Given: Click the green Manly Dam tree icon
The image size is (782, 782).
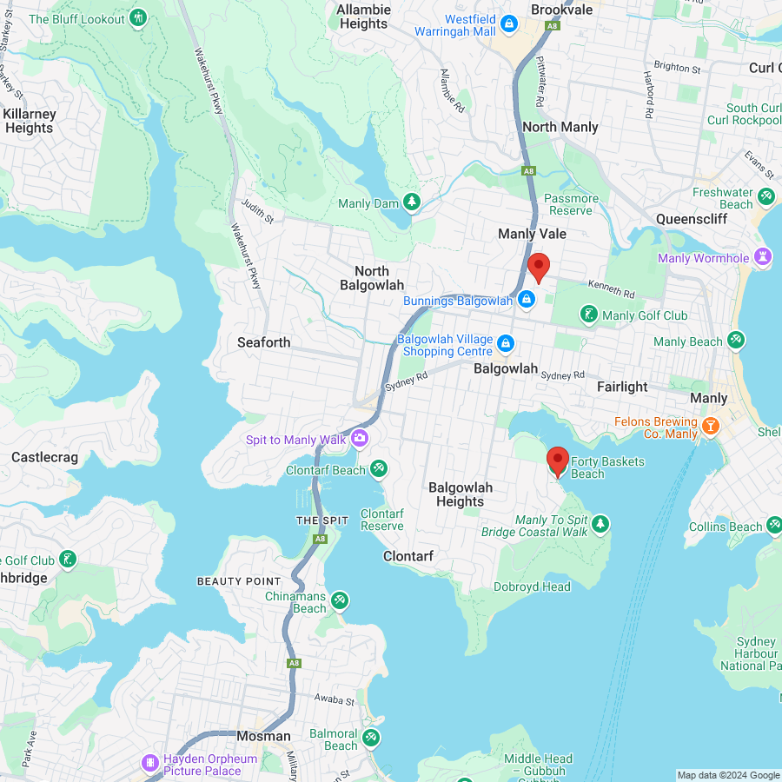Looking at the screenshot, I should [x=411, y=203].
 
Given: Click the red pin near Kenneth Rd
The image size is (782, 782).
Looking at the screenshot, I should [x=539, y=268].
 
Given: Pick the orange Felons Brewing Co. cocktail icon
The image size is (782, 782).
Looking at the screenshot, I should [x=711, y=426].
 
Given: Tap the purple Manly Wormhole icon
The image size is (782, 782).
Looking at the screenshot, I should [x=763, y=257].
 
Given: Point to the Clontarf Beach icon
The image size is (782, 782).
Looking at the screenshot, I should [x=378, y=469].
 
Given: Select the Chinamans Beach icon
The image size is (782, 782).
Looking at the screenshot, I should [x=340, y=600].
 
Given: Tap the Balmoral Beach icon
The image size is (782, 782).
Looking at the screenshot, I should [x=371, y=738].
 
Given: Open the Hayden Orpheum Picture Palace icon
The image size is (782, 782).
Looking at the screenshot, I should [x=151, y=763].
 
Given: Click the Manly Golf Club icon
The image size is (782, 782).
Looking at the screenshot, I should [x=589, y=315].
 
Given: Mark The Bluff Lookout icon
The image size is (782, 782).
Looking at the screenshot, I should [x=138, y=18].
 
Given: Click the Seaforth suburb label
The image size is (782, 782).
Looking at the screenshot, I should [x=264, y=342].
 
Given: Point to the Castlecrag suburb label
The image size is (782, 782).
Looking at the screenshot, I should [x=44, y=457].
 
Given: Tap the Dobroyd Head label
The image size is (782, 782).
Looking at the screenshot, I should [x=532, y=586].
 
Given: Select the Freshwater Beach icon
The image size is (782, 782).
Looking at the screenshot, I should [x=766, y=197].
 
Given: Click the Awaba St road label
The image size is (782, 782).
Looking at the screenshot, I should [x=335, y=699].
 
